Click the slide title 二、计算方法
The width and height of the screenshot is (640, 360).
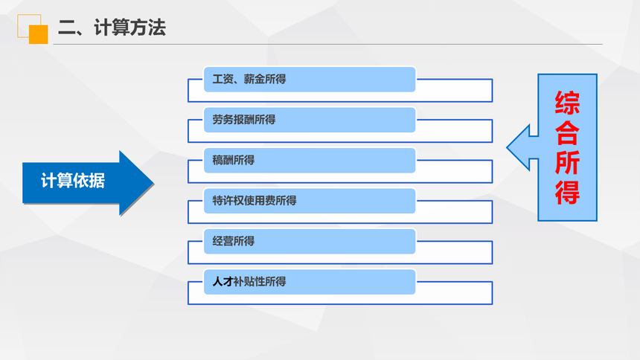click(112, 28)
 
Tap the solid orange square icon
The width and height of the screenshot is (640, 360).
click(39, 34)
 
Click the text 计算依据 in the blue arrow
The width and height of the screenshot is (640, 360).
click(73, 181)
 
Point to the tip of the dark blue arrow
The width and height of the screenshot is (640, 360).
click(153, 183)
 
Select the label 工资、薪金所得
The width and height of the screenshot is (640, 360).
click(249, 79)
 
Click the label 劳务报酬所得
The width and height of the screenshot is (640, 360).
click(243, 120)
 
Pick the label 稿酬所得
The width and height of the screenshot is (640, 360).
click(233, 160)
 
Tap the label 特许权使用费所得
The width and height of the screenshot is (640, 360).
click(255, 200)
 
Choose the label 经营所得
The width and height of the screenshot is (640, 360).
click(233, 241)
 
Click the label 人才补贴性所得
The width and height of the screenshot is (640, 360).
click(249, 281)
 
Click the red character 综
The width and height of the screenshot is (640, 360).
click(567, 103)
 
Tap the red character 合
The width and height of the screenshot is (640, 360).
click(567, 132)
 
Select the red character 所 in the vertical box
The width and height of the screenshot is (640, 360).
click(567, 162)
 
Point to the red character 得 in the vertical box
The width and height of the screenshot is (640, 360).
click(567, 192)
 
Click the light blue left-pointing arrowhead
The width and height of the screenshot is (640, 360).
click(519, 147)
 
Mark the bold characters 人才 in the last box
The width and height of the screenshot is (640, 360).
click(223, 281)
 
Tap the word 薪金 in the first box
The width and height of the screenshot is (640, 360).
click(255, 79)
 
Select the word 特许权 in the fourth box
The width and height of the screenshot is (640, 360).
click(228, 200)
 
